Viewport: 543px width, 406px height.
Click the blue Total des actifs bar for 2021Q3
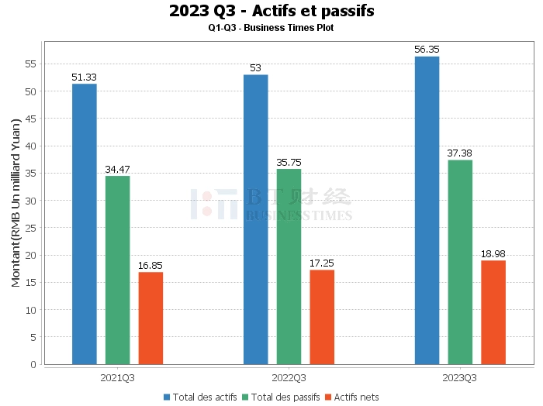tap(85, 224)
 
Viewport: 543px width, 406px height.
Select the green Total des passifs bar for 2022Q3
tap(289, 267)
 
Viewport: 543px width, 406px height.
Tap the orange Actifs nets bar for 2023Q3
tap(493, 312)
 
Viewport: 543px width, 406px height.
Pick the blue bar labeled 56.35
tap(427, 210)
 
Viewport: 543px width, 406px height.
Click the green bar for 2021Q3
tap(118, 270)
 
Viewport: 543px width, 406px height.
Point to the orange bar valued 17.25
tap(322, 317)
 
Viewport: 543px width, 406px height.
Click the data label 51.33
tap(84, 77)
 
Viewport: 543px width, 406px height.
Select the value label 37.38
tap(459, 153)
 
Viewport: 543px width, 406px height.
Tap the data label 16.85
tap(150, 266)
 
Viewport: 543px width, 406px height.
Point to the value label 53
tap(255, 67)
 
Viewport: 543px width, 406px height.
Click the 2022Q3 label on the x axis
tap(289, 377)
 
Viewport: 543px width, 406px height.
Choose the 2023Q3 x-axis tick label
tap(459, 377)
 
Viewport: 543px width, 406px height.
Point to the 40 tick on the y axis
tap(31, 146)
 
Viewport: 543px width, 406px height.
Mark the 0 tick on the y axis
tap(33, 364)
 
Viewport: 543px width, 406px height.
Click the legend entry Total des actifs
tap(200, 397)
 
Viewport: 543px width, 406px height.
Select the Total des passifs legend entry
tap(281, 397)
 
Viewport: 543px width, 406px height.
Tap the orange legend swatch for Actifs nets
tap(328, 397)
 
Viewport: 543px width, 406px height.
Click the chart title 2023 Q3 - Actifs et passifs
tap(271, 11)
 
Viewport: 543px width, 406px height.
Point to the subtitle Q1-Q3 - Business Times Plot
tap(271, 28)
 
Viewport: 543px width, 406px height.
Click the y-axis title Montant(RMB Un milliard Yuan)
tap(16, 203)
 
